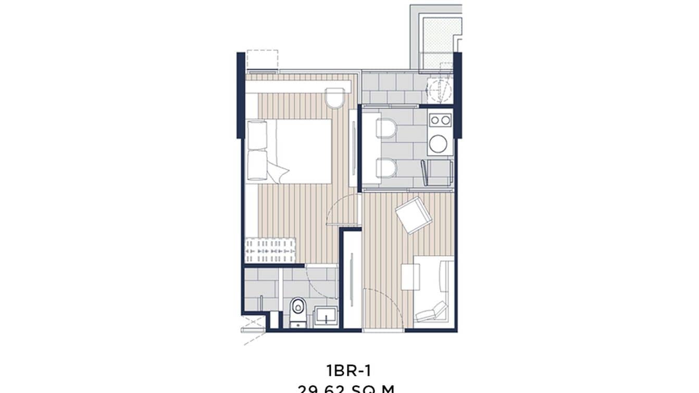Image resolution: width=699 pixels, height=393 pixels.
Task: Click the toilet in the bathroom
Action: pyautogui.click(x=298, y=309)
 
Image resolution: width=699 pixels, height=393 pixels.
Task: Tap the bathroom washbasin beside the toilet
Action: pyautogui.click(x=326, y=316)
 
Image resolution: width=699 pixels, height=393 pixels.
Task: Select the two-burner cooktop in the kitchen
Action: pyautogui.click(x=440, y=120)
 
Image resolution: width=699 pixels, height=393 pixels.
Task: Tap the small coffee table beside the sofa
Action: pyautogui.click(x=410, y=277)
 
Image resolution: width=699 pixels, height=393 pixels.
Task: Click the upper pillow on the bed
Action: pyautogui.click(x=257, y=134)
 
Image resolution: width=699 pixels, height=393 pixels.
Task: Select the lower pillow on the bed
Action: pyautogui.click(x=257, y=165)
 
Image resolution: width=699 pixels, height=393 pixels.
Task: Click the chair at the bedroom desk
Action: pyautogui.click(x=335, y=97)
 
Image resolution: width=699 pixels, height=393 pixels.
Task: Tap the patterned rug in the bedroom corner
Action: pyautogui.click(x=270, y=250)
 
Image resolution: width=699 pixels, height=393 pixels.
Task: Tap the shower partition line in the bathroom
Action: pyautogui.click(x=281, y=294)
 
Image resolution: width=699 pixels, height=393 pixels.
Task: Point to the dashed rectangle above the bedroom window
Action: pyautogui.click(x=262, y=59)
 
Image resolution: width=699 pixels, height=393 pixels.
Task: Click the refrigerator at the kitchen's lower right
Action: pyautogui.click(x=437, y=173)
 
